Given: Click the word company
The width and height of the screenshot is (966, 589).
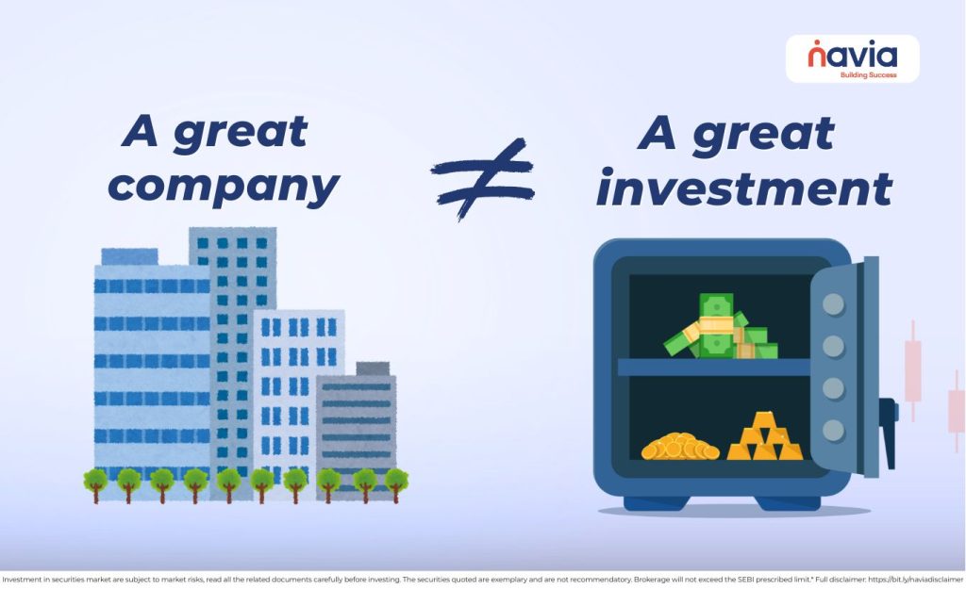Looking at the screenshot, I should tap(223, 187).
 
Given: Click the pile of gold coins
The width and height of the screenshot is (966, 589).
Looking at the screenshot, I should tap(678, 446).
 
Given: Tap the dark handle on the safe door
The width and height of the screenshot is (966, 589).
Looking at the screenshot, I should tap(888, 429).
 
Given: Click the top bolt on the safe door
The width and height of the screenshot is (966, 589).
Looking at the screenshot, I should tap(833, 304).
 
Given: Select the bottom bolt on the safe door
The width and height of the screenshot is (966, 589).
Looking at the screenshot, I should tap(833, 430).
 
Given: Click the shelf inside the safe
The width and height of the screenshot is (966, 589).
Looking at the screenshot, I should tap(714, 368).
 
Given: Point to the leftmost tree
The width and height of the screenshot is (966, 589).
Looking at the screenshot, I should tap(95, 483).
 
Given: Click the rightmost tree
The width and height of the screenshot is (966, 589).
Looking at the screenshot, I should tap(396, 483).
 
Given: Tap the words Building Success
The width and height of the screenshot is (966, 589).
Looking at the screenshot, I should tap(868, 75).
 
